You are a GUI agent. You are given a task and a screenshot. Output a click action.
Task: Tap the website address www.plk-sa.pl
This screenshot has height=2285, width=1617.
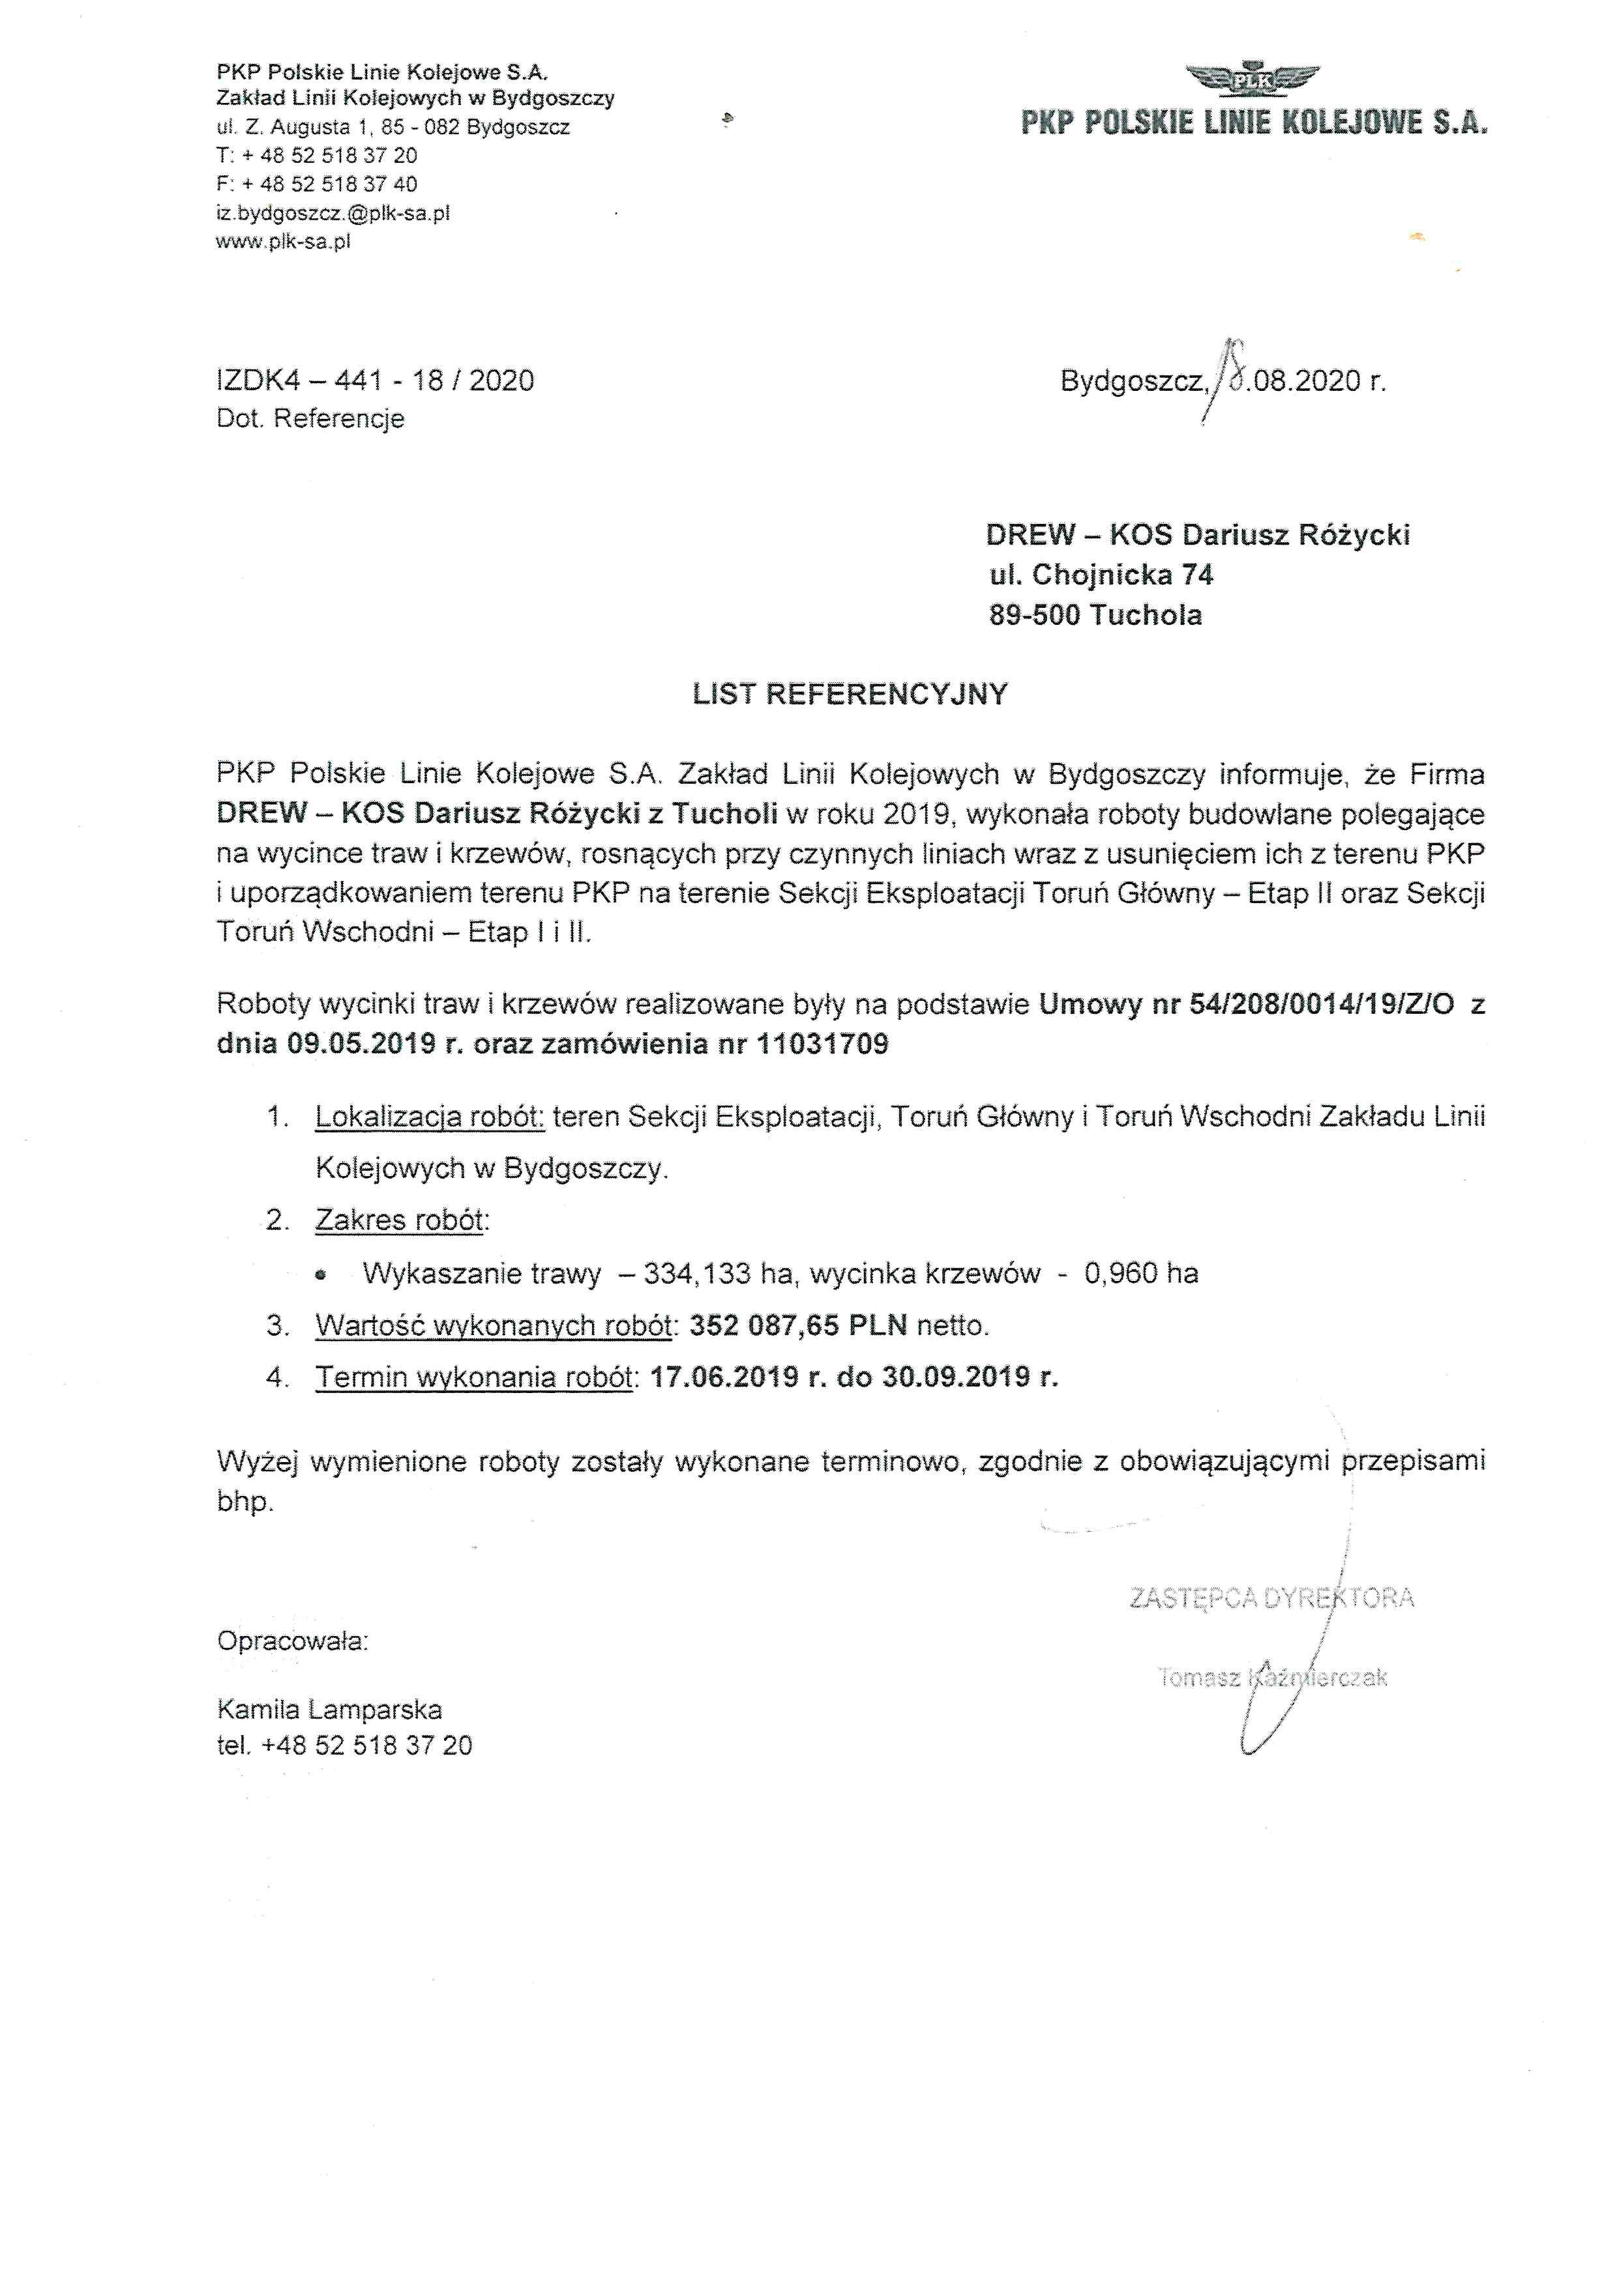click(283, 242)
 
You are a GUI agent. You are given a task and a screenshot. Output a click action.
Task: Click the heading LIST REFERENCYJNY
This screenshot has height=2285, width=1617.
click(850, 695)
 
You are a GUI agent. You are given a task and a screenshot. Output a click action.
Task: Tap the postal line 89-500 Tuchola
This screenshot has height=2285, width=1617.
click(1095, 615)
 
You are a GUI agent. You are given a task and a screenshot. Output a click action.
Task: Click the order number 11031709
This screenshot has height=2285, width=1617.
click(822, 1044)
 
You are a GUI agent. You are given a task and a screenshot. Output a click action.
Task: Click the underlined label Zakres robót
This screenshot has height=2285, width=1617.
click(399, 1220)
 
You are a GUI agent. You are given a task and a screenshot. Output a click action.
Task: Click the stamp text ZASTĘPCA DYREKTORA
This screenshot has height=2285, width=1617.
click(1271, 1598)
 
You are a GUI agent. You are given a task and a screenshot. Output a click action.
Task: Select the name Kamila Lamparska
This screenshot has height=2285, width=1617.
click(329, 1710)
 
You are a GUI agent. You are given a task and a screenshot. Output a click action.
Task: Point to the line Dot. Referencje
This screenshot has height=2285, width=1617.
click(310, 419)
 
